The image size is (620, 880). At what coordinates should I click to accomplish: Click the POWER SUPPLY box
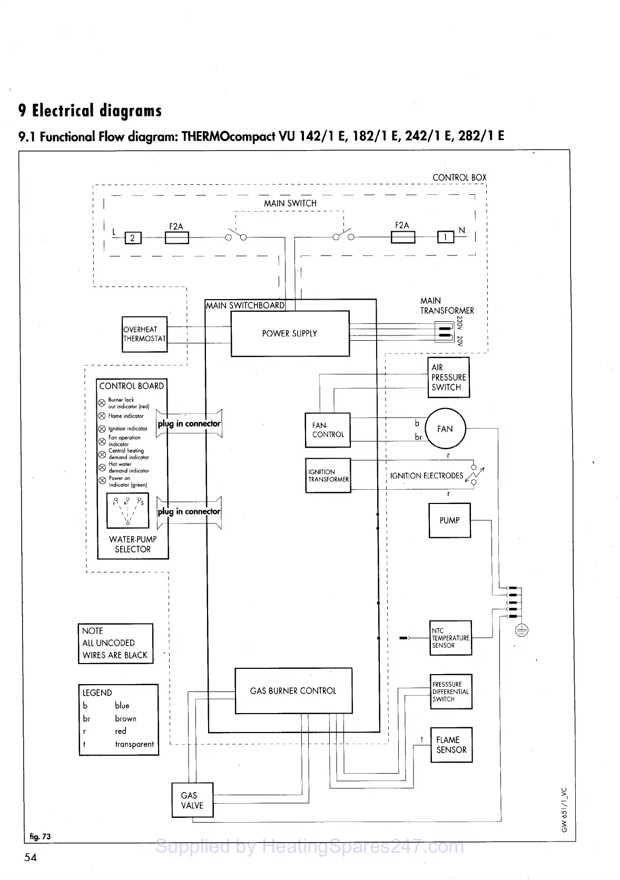(290, 333)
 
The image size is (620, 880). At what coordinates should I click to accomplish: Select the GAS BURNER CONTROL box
(293, 690)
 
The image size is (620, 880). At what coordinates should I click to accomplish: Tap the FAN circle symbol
(445, 429)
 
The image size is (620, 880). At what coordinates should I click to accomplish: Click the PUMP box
(449, 520)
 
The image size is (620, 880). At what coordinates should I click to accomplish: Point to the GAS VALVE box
(192, 800)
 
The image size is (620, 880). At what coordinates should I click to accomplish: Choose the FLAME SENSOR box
(451, 745)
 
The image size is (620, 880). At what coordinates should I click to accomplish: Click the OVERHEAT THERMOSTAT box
(144, 334)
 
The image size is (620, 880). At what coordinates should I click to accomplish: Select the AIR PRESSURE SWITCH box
(448, 377)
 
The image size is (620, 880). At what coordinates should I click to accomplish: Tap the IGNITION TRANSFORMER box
(328, 476)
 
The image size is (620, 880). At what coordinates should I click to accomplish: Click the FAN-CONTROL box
(328, 430)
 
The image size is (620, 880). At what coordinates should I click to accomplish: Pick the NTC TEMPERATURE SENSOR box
(450, 638)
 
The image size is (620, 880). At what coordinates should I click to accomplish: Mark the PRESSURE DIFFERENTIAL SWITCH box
(450, 691)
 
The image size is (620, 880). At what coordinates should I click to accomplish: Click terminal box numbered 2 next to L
(133, 238)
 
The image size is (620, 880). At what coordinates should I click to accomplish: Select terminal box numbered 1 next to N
(446, 238)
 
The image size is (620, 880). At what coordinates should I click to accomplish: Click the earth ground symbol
(521, 630)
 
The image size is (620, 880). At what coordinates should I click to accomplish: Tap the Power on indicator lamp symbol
(102, 481)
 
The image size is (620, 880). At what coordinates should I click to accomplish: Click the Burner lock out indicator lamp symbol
(102, 403)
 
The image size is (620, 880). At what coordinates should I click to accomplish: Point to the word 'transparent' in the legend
(134, 744)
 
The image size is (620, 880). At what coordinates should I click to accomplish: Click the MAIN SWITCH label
(290, 203)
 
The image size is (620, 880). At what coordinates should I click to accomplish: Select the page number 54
(31, 857)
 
